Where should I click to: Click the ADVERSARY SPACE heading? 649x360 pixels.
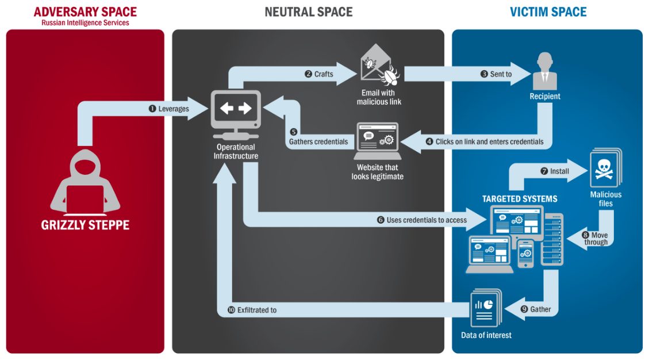pos(85,12)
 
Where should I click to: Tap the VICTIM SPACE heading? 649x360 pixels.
pos(548,12)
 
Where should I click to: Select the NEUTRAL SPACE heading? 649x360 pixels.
pos(308,12)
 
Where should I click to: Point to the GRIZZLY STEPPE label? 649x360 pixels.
pos(85,225)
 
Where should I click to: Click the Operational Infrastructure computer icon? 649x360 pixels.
pos(236,115)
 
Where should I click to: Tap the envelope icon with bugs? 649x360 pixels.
pos(379,67)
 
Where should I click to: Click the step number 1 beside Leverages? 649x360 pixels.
pos(152,109)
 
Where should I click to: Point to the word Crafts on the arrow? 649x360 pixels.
pos(324,74)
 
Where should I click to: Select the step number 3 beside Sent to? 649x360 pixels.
pos(484,74)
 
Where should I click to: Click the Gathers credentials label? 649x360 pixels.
pos(318,141)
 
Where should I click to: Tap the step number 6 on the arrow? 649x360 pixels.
pos(380,220)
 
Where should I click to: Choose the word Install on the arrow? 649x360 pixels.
pos(559,171)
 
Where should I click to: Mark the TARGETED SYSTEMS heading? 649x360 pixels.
pos(520,199)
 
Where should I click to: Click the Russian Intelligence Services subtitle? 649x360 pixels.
pos(85,23)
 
